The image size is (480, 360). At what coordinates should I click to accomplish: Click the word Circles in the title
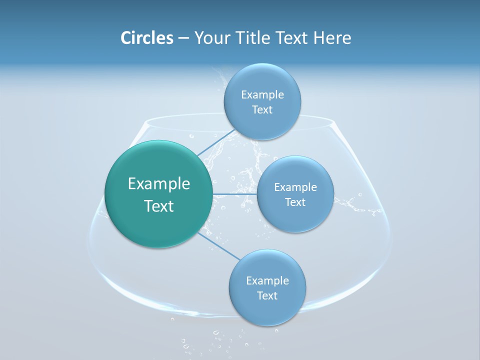(x=146, y=38)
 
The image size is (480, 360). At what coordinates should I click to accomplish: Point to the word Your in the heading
(x=211, y=38)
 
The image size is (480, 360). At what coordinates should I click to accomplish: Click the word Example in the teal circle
(x=159, y=184)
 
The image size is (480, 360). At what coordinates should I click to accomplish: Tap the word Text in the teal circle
(x=159, y=206)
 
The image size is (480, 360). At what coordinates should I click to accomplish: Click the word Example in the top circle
(x=262, y=95)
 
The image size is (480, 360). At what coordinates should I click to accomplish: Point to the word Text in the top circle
(x=262, y=110)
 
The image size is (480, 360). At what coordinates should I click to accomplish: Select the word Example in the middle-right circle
(x=295, y=187)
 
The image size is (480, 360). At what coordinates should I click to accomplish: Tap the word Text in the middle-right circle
(x=295, y=202)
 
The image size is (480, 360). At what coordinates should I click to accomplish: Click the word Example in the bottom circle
(x=267, y=281)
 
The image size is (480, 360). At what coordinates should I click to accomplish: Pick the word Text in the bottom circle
(x=267, y=296)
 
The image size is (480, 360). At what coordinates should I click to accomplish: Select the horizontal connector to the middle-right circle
(x=234, y=194)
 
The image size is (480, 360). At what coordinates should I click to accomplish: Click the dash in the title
(x=183, y=38)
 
